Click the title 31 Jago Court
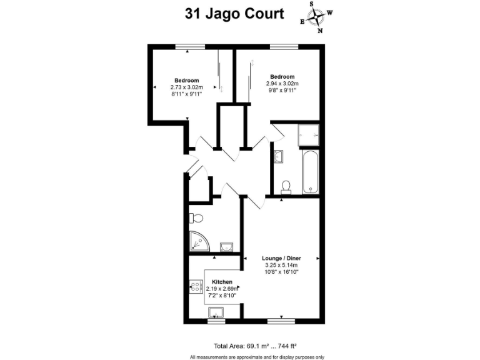pyautogui.click(x=234, y=13)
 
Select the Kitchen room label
pyautogui.click(x=222, y=282)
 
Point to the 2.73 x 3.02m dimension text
pyautogui.click(x=187, y=87)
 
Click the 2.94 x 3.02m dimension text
pyautogui.click(x=282, y=83)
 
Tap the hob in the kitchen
pyautogui.click(x=194, y=287)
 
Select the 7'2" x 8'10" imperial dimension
pyautogui.click(x=222, y=295)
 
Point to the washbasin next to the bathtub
pyautogui.click(x=278, y=156)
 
